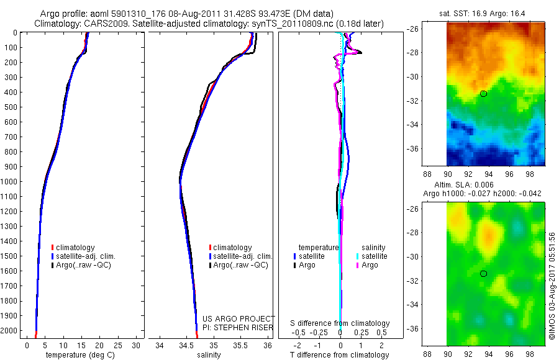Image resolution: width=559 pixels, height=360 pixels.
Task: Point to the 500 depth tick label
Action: (11, 107)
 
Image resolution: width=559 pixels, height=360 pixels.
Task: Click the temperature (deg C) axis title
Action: (80, 354)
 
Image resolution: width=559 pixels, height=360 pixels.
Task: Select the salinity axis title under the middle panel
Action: (209, 354)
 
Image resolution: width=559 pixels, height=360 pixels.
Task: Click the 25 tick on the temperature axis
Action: (118, 345)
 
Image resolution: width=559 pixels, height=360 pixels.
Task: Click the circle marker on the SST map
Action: (483, 94)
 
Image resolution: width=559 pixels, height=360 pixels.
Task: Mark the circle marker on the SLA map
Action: (483, 274)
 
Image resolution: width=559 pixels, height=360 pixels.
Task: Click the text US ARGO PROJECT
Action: (239, 318)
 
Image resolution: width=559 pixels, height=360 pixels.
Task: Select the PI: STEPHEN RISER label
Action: (237, 328)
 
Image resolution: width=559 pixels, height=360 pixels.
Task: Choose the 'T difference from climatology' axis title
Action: (339, 354)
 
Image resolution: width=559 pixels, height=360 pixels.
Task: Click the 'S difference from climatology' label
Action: (340, 323)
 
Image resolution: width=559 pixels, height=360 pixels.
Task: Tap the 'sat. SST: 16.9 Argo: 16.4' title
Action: (482, 14)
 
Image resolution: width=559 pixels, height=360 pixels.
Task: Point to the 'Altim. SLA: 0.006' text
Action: (464, 184)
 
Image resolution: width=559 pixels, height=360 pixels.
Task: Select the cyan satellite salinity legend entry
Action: (372, 256)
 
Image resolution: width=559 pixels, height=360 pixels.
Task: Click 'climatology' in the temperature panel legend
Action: (73, 248)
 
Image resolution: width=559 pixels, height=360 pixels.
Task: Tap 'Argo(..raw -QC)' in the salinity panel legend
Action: (239, 265)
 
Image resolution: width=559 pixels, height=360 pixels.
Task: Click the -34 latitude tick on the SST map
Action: (413, 125)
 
